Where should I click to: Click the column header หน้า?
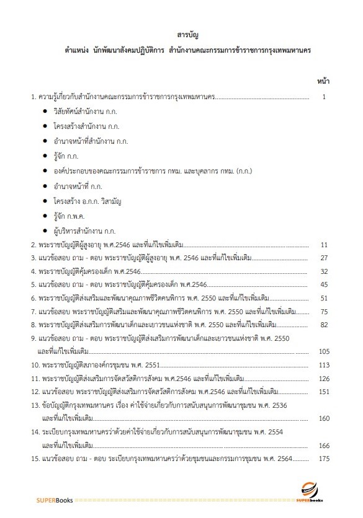[323, 81]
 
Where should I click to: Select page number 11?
[323, 245]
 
